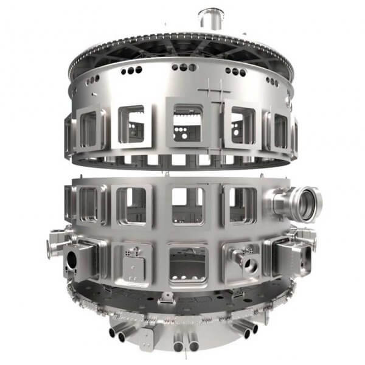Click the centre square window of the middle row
coord(187,206)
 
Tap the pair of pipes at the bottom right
coord(246,329)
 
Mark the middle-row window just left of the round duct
coord(242,204)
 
